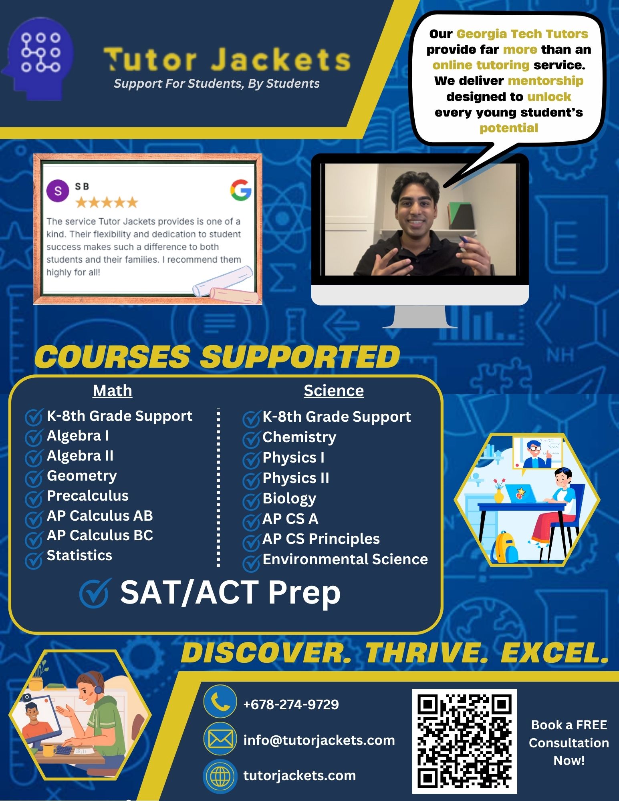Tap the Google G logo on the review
[x=241, y=190]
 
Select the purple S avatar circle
[x=58, y=191]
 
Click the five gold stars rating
[x=107, y=202]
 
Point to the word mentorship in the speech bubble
[x=545, y=81]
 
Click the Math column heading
[x=112, y=390]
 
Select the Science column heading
[x=334, y=390]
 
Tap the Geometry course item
[x=82, y=476]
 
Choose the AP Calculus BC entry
[x=100, y=535]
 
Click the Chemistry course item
[x=299, y=437]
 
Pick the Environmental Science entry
[x=345, y=559]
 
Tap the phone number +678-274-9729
[x=291, y=704]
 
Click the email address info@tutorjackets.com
[x=319, y=740]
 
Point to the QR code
[x=465, y=741]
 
